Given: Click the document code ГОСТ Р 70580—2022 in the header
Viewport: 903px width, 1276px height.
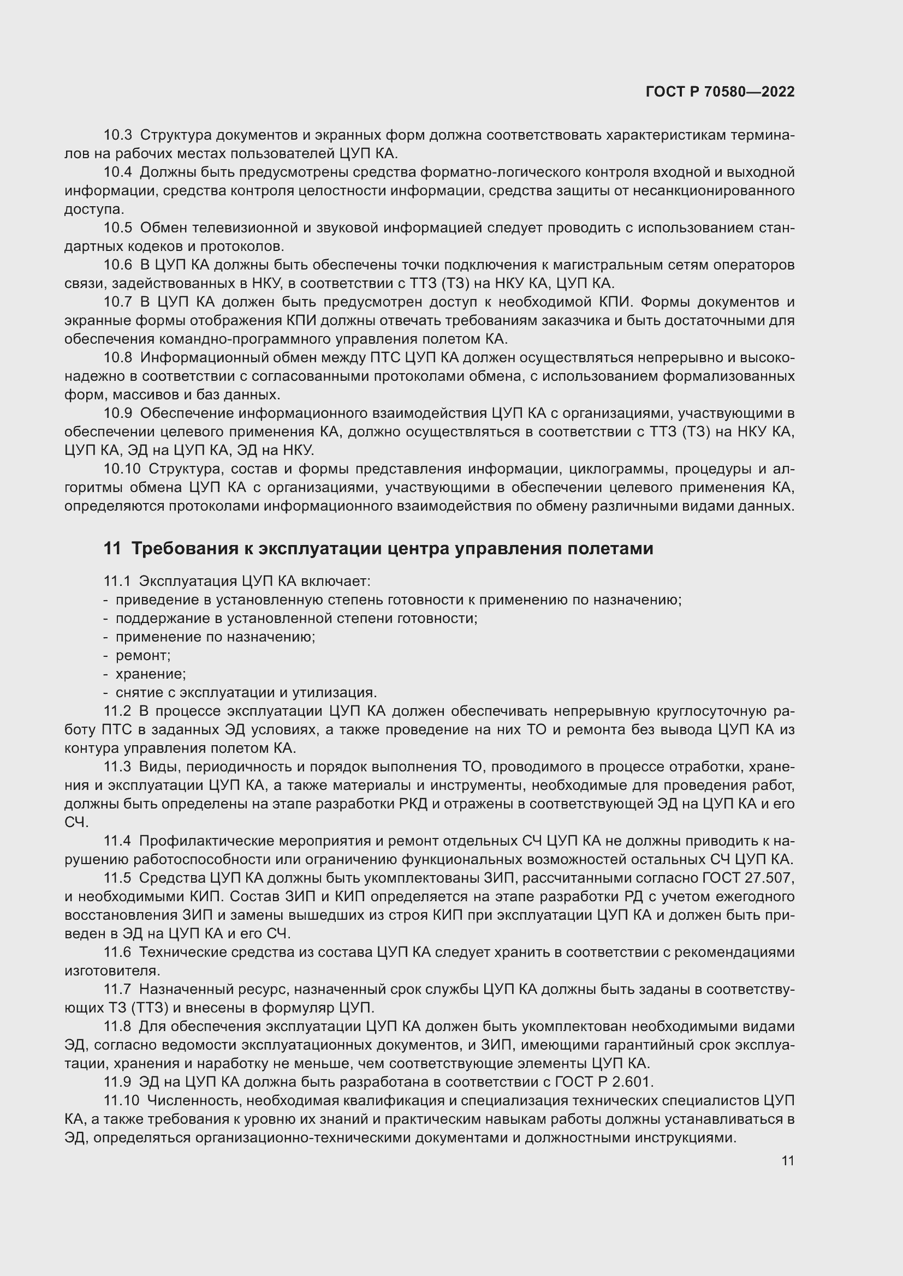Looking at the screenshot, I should [x=720, y=92].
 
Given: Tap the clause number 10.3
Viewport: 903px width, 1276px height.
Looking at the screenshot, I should [x=118, y=135].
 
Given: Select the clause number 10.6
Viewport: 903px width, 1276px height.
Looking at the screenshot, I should [x=118, y=265].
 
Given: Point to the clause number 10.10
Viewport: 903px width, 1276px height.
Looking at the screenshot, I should [x=122, y=469].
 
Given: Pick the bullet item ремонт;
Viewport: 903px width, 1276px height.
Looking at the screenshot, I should [x=143, y=656].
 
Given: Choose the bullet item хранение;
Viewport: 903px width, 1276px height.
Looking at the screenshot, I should [x=151, y=674].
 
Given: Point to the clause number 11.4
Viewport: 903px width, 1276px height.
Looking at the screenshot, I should [x=118, y=841].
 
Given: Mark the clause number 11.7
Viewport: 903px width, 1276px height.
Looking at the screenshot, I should [x=118, y=989].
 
